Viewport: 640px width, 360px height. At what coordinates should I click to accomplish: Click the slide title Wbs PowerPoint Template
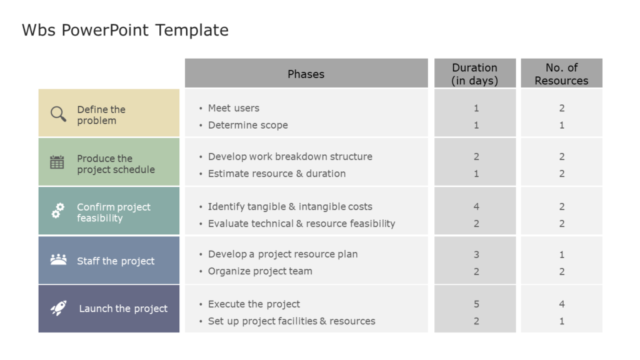tap(125, 30)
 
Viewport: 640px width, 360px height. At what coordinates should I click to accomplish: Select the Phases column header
tap(306, 74)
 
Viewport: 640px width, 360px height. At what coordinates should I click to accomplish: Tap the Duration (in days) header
tap(475, 74)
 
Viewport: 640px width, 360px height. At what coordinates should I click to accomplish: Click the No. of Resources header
tap(561, 74)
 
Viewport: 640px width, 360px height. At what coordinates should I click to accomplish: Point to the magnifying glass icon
tap(58, 114)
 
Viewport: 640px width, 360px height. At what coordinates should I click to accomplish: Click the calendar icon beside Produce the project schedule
tap(57, 162)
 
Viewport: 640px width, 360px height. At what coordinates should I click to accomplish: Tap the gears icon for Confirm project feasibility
tap(57, 211)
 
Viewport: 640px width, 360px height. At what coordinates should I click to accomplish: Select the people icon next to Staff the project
tap(58, 259)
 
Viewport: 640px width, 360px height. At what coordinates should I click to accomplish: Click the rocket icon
tap(58, 307)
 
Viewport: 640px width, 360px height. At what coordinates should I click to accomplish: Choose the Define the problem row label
tap(101, 115)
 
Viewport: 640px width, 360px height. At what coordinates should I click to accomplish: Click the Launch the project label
tap(123, 309)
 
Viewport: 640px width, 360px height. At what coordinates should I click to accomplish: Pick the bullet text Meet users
tap(233, 108)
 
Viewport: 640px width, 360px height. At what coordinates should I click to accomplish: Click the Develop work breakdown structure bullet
tap(290, 157)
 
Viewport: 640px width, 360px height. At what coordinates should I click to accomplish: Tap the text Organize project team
tap(260, 271)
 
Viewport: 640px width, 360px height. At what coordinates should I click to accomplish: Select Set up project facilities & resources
tap(291, 321)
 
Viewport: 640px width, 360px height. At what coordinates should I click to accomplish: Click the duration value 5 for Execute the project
tap(476, 304)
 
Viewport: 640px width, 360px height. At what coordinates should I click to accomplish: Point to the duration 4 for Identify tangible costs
tap(476, 206)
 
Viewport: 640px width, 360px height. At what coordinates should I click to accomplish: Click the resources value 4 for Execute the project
tap(562, 304)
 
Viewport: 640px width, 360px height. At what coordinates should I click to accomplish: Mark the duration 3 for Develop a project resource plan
tap(476, 254)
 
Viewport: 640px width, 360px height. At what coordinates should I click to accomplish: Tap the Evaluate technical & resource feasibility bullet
tap(301, 224)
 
